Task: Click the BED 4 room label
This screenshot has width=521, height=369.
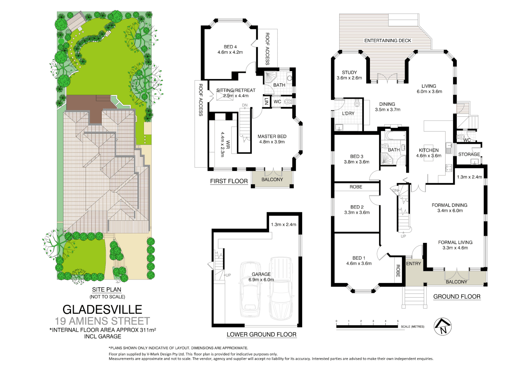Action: pos(230,47)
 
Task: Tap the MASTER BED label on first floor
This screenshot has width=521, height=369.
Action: pos(272,136)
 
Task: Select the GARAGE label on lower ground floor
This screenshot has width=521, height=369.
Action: pos(261,274)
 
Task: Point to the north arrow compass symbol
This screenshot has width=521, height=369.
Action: pos(443,327)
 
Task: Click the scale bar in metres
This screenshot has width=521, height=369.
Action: pos(367,326)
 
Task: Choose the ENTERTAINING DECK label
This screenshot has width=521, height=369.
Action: pos(388,41)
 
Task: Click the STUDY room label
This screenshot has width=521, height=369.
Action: pos(349,72)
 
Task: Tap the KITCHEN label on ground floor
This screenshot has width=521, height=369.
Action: pos(429,150)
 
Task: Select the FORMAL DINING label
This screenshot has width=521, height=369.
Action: pos(449,205)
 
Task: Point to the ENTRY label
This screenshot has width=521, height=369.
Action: pos(414,263)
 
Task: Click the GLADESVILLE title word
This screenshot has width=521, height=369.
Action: pos(102,310)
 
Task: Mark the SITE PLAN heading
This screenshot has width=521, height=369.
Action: pos(107,290)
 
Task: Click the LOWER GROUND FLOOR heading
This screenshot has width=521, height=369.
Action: pos(262,334)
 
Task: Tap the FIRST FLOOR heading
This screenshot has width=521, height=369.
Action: pos(229,181)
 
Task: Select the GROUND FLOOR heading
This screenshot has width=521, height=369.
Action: pos(457,297)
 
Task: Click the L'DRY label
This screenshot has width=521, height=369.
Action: pos(348,113)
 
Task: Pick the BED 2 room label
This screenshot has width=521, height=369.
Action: pos(357,207)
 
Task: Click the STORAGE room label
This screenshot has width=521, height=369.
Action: pos(469,154)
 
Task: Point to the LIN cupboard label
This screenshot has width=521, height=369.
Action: pos(267,101)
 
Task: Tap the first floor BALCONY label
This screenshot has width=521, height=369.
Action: pos(272,179)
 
